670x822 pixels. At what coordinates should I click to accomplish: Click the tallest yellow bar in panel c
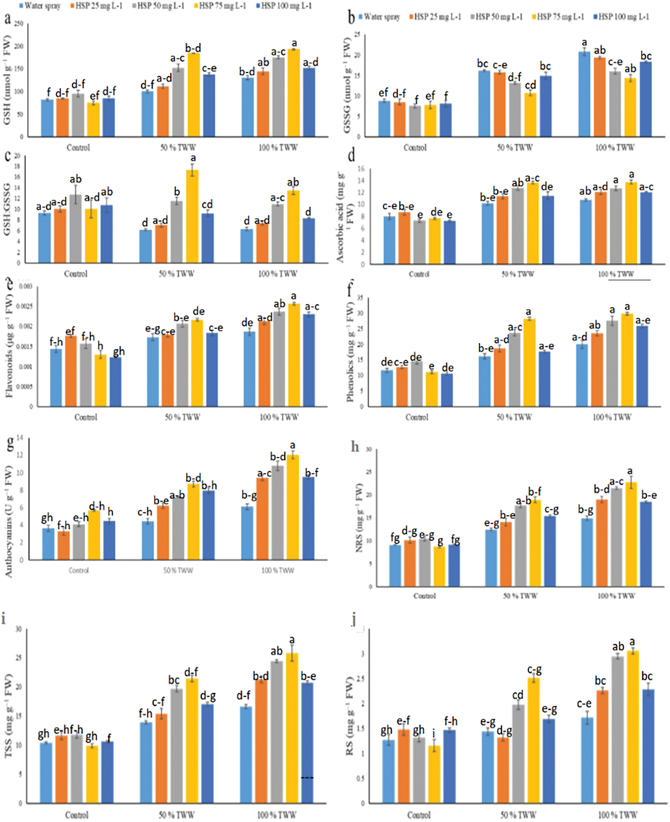pyautogui.click(x=192, y=216)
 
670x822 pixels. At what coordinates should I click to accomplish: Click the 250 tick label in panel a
pyautogui.click(x=19, y=24)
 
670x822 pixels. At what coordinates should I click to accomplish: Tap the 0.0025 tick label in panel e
pyautogui.click(x=26, y=307)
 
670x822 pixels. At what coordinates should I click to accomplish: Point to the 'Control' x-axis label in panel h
pyautogui.click(x=425, y=596)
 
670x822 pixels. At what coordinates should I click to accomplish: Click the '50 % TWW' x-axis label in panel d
pyautogui.click(x=517, y=274)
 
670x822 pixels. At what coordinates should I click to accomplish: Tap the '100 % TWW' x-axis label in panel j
pyautogui.click(x=617, y=815)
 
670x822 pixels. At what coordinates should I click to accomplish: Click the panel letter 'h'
pyautogui.click(x=355, y=447)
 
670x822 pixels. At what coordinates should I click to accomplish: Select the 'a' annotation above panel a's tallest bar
pyautogui.click(x=294, y=43)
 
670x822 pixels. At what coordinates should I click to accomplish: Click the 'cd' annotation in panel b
pyautogui.click(x=531, y=85)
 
